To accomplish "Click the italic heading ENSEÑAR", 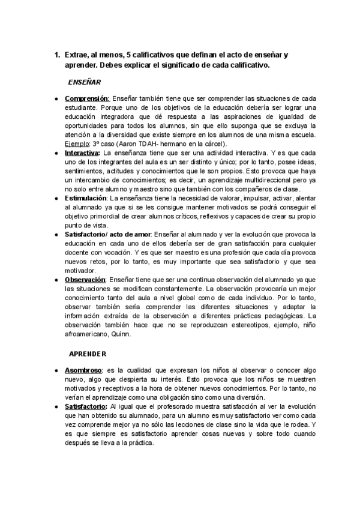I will coord(85,80).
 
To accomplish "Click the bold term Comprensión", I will coord(86,98).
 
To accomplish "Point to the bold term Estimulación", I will coord(86,197).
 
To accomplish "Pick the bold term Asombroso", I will coord(83,370).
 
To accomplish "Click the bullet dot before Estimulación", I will coord(55,197).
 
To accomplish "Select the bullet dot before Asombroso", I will coord(55,370).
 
